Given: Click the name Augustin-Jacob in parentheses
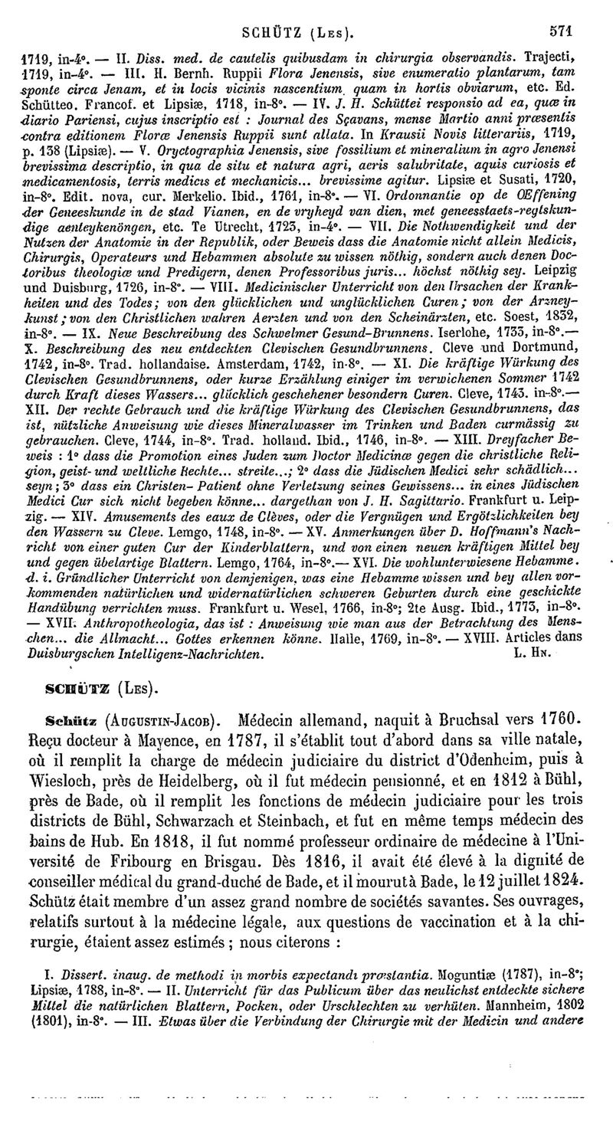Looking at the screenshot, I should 165,720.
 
